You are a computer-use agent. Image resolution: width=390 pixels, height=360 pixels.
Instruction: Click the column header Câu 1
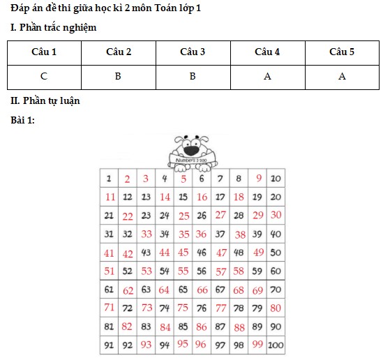pos(44,52)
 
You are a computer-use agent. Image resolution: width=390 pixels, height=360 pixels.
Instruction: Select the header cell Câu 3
pos(193,52)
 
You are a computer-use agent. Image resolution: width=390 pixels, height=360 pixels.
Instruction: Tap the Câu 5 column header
pos(342,52)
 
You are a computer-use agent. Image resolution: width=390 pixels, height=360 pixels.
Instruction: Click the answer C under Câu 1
pos(44,76)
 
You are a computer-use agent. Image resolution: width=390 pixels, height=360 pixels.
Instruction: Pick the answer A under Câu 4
pos(267,76)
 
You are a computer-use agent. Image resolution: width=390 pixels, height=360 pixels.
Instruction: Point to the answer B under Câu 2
pos(119,76)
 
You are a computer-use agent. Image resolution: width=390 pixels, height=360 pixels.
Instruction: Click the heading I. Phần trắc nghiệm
pos(53,28)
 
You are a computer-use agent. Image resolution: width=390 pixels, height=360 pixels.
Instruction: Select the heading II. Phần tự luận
pos(45,101)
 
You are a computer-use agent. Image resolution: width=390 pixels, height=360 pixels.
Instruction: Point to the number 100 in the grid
pos(276,345)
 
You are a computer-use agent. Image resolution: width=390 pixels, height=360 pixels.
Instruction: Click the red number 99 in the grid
pos(257,344)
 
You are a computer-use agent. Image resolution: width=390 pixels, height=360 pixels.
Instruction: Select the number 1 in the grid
pos(109,179)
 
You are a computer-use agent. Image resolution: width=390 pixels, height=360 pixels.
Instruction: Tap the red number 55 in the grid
pos(183,271)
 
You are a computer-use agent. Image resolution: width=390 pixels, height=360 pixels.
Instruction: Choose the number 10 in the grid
pos(276,179)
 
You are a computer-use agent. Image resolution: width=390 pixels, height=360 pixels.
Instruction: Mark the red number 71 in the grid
pos(110,308)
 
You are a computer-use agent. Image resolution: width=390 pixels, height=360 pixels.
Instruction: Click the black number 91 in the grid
pos(110,345)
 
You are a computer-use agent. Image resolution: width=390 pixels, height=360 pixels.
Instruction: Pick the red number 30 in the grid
pos(276,215)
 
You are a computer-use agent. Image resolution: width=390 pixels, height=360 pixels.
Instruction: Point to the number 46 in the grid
pos(202,253)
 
